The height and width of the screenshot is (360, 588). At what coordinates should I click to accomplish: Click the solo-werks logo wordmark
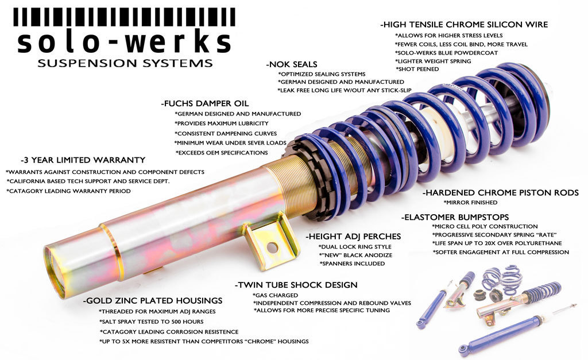(124, 41)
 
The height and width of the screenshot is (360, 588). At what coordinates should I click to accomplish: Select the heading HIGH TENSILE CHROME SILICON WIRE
(464, 25)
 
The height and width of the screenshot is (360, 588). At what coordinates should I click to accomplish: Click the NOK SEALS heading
(292, 64)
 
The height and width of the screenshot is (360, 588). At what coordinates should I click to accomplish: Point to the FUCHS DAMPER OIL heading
(205, 104)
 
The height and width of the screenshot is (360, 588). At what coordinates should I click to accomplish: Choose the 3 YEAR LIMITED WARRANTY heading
(83, 160)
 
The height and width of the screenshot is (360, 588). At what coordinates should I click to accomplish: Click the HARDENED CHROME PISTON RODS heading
(500, 193)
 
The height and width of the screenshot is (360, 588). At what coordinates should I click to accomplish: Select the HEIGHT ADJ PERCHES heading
(353, 236)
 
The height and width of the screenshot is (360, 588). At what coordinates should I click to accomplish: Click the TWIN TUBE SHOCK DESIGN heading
(296, 285)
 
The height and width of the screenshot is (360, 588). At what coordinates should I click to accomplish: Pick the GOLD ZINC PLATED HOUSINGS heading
(153, 300)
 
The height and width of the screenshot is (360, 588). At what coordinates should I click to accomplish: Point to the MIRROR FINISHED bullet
(470, 203)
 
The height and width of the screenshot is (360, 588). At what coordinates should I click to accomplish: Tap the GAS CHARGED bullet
(275, 295)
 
